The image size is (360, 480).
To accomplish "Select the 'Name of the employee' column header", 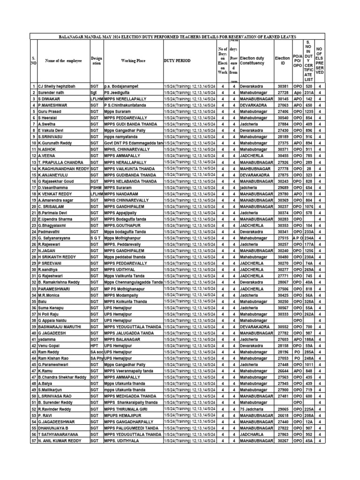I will pos(63,60).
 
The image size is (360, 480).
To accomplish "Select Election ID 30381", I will pos(283,87).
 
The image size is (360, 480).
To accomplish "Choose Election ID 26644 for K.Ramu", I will pos(283,370).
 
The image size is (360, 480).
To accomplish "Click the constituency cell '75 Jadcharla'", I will pos(255,409).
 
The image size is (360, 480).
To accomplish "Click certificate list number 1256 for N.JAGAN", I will pos(308,251).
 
